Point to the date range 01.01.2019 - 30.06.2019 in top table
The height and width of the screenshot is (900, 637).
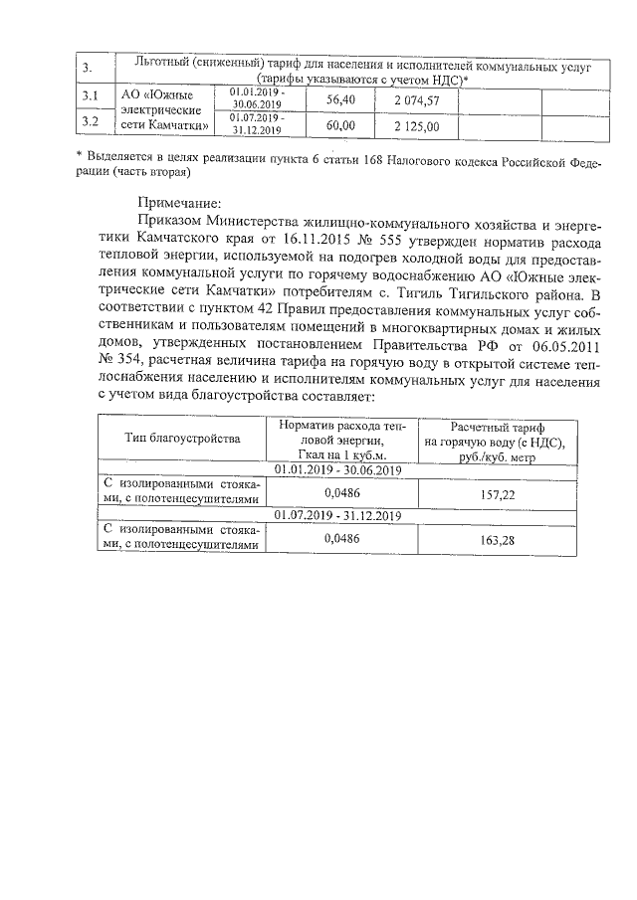pos(256,95)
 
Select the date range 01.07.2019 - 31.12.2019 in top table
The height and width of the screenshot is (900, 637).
pos(257,122)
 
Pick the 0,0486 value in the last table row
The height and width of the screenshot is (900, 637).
pos(341,538)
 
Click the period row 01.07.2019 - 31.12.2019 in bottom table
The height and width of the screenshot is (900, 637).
pos(336,515)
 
